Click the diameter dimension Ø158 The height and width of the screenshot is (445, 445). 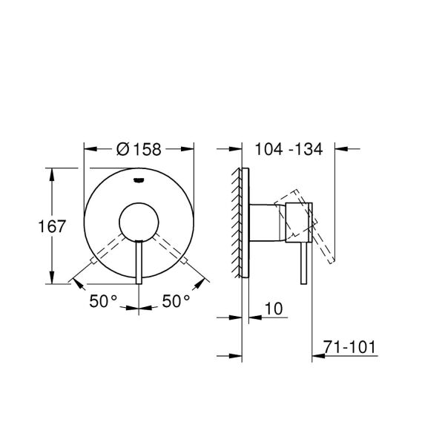pyautogui.click(x=139, y=149)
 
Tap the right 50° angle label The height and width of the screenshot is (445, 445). pyautogui.click(x=177, y=301)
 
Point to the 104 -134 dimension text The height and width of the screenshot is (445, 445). pyautogui.click(x=288, y=149)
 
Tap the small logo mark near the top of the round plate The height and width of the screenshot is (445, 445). pyautogui.click(x=139, y=179)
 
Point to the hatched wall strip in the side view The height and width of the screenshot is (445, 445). pyautogui.click(x=237, y=223)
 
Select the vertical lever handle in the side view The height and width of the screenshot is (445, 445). pyautogui.click(x=302, y=263)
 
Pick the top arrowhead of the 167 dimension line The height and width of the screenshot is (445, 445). pyautogui.click(x=51, y=171)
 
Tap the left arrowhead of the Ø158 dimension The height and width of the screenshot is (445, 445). pyautogui.click(x=86, y=149)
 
